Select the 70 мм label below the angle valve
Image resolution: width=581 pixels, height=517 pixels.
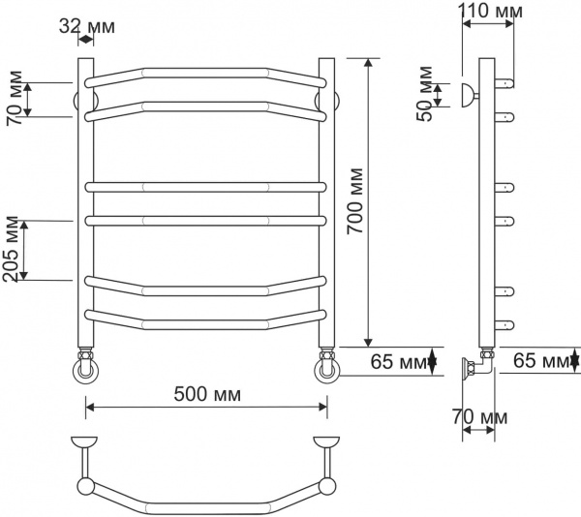coord(479,416)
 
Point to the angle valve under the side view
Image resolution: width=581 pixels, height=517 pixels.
coord(476,367)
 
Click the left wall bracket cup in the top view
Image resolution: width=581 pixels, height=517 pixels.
coord(85,444)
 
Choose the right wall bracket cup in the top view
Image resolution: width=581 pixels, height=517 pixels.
coord(326,444)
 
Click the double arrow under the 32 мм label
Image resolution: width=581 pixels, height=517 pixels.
coord(85,40)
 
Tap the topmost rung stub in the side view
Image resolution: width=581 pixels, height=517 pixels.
coord(503,83)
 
